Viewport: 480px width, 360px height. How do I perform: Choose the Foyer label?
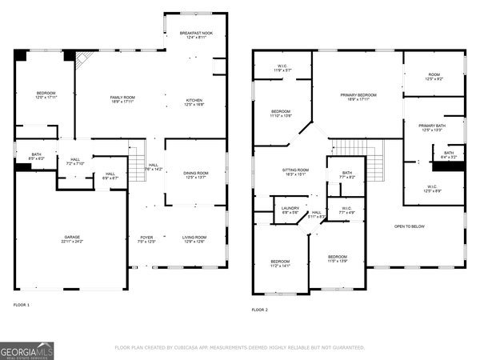(x=146, y=239)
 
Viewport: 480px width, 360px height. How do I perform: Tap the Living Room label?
(x=195, y=239)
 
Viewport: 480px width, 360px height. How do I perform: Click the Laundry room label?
(x=290, y=210)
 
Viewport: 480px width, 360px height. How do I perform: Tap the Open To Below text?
(x=410, y=226)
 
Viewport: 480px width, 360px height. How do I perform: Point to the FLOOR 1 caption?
(x=22, y=305)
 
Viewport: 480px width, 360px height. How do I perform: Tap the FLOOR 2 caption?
(x=260, y=309)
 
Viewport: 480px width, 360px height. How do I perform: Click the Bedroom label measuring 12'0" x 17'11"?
(x=45, y=97)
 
